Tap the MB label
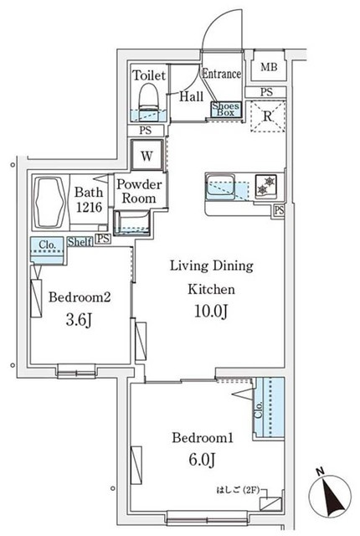[x=269, y=67]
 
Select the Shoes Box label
[x=226, y=110]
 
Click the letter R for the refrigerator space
[x=268, y=116]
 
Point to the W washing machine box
[x=147, y=155]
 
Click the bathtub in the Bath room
[x=50, y=203]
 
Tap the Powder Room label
[x=139, y=192]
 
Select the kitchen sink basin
[x=220, y=186]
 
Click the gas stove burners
[x=266, y=186]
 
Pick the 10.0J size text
[x=211, y=311]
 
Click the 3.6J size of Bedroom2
[x=79, y=320]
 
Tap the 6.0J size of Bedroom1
[x=202, y=460]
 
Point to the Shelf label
[x=80, y=242]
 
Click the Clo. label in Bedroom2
[x=47, y=245]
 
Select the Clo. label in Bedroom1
[x=259, y=410]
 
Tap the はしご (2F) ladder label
[x=237, y=490]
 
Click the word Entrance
[x=222, y=74]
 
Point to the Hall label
[x=192, y=96]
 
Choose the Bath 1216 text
[x=89, y=199]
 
